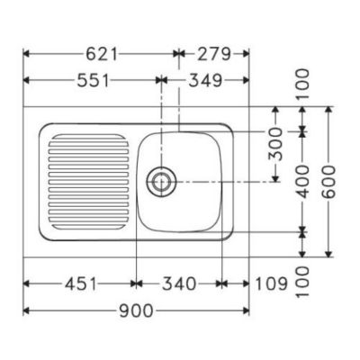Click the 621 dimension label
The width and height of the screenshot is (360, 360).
pyautogui.click(x=102, y=54)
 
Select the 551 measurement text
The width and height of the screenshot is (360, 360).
pyautogui.click(x=94, y=80)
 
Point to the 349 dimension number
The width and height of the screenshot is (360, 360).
pyautogui.click(x=207, y=80)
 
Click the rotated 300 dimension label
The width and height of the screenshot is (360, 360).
pyautogui.click(x=275, y=144)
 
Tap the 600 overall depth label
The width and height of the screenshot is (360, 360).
pyautogui.click(x=329, y=182)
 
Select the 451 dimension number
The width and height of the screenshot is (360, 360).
pyautogui.click(x=81, y=283)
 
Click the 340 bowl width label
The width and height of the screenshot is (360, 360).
pyautogui.click(x=179, y=283)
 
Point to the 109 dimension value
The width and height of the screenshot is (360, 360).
pyautogui.click(x=271, y=283)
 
